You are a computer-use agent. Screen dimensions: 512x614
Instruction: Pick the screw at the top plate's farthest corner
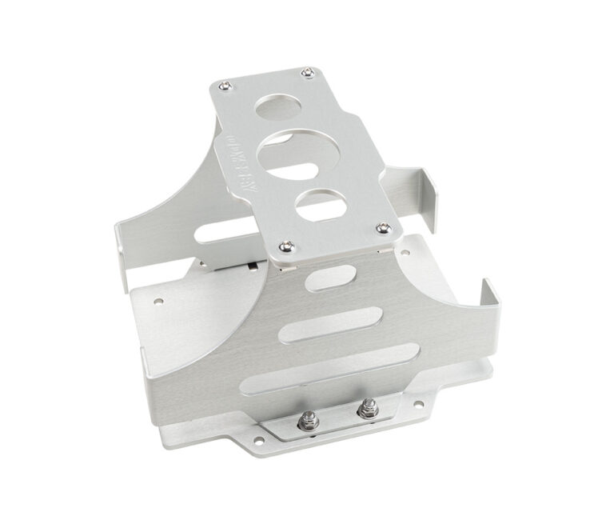point(309,74)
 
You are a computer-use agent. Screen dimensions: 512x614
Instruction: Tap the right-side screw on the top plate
point(385,229)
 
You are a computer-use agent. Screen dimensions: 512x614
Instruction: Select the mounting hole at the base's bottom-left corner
point(258,438)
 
